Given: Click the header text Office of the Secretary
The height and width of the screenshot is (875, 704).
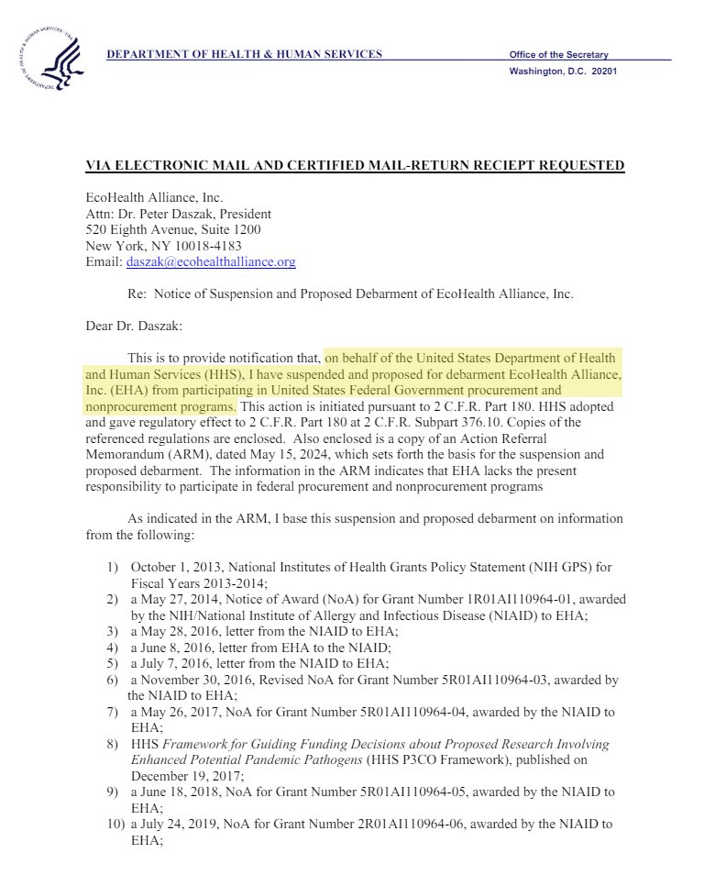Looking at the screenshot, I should coord(558,55).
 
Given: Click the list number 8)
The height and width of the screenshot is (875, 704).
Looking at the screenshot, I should coord(114,744).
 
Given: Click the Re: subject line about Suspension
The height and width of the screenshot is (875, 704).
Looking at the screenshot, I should coord(348,294).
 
